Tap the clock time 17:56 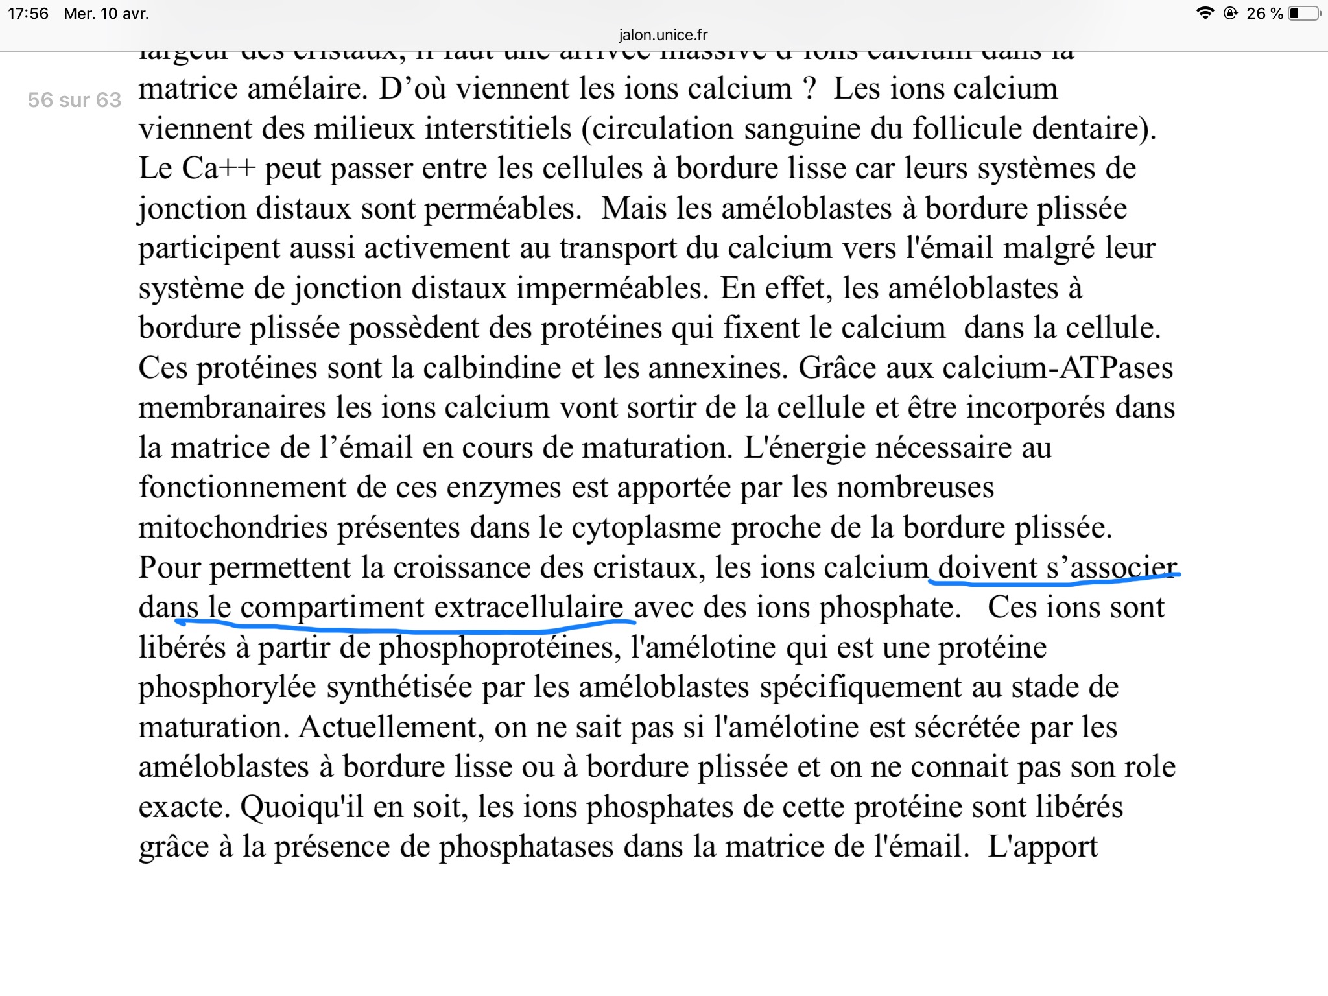click(x=29, y=14)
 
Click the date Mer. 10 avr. click(x=106, y=14)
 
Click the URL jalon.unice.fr click(x=663, y=35)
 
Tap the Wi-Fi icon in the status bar click(x=1205, y=14)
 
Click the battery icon click(x=1304, y=14)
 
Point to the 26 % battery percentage click(x=1264, y=14)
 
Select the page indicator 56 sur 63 click(x=75, y=100)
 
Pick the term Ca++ click(x=219, y=169)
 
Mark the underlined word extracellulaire click(x=528, y=608)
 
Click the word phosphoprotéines click(x=500, y=648)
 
